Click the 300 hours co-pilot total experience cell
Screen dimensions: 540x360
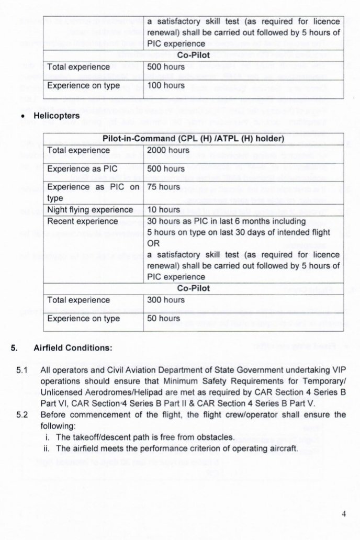point(166,300)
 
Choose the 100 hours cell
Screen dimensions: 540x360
point(166,85)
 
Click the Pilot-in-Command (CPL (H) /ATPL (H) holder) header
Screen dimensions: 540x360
point(194,139)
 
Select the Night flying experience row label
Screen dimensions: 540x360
point(90,210)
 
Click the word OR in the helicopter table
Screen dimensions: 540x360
point(153,243)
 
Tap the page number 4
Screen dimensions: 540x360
point(344,513)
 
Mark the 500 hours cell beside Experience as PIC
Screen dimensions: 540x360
point(166,169)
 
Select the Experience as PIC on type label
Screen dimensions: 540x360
point(93,192)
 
